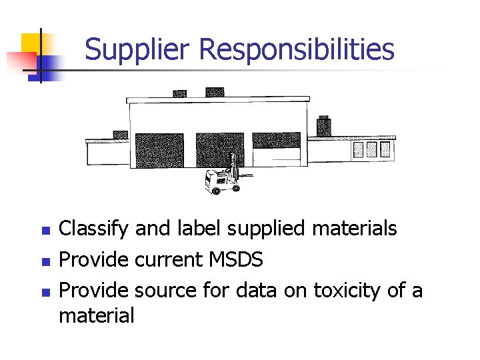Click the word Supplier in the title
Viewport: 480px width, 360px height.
[138, 50]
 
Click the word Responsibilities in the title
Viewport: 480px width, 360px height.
[297, 50]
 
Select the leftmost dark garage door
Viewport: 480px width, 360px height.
[159, 151]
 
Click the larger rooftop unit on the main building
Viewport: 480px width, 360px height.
[215, 91]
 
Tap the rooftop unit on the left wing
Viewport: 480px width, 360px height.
[120, 134]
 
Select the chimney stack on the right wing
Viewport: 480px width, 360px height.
[323, 125]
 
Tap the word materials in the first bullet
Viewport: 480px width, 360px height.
[355, 229]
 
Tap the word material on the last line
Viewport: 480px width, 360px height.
[96, 315]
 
